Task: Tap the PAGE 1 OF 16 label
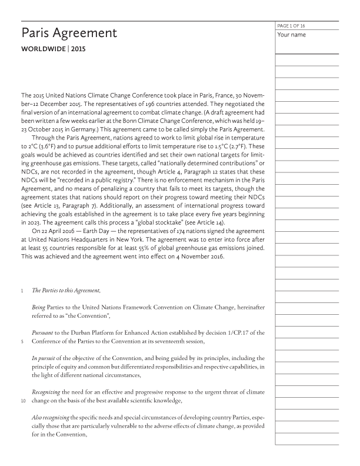pos(291,26)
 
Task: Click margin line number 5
pos(22,341)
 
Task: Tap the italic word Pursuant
pos(44,333)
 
